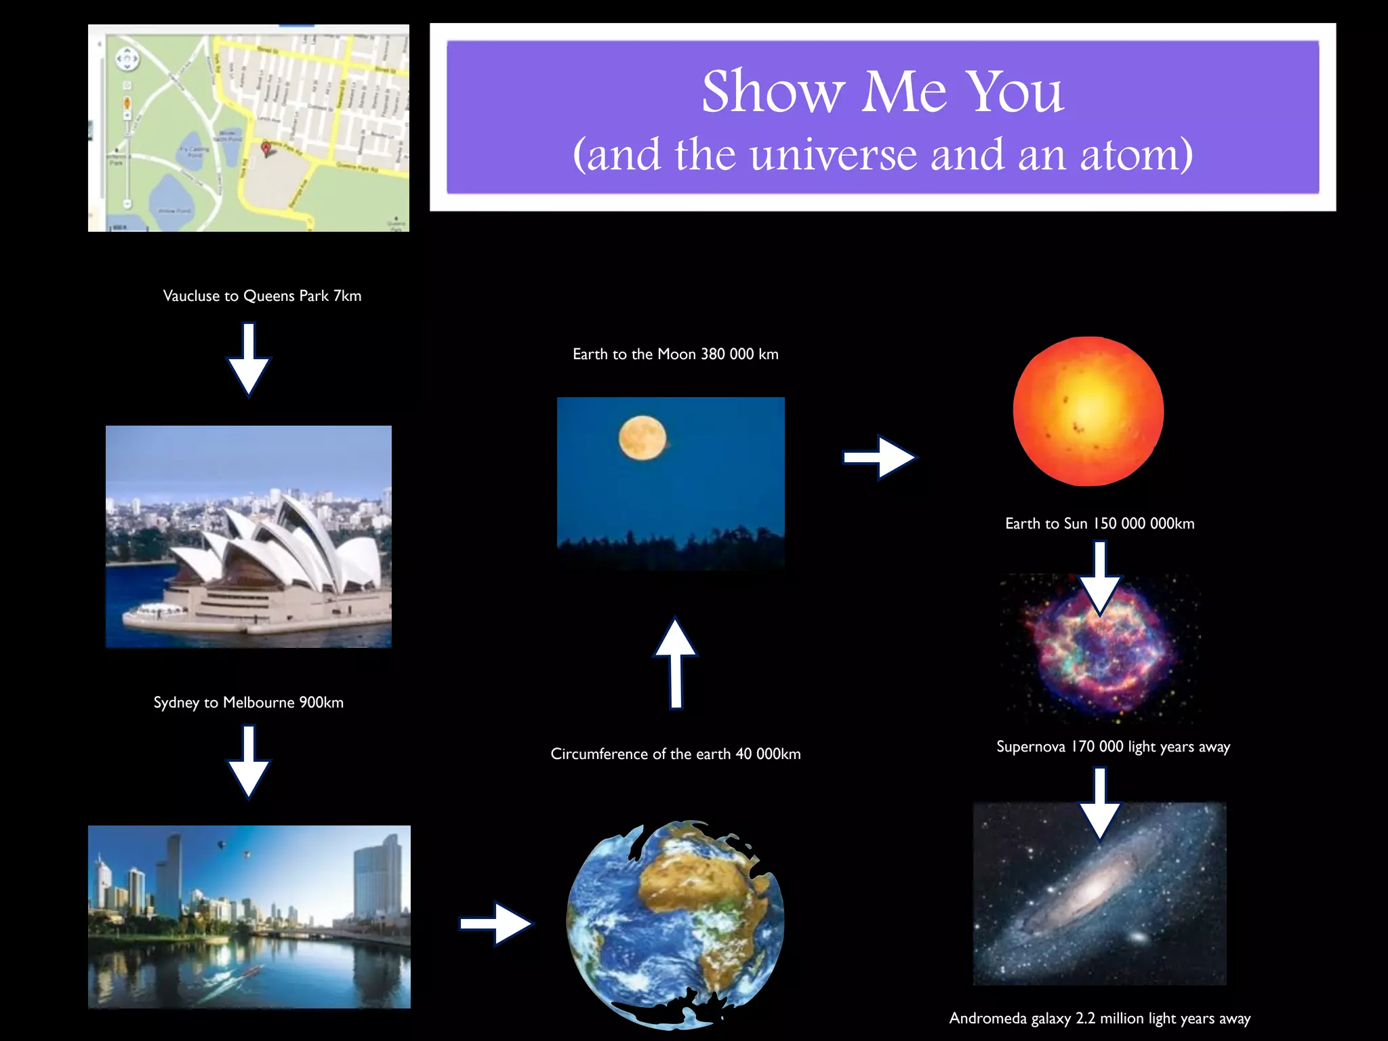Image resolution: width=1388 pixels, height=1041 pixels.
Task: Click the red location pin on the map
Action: pos(266,148)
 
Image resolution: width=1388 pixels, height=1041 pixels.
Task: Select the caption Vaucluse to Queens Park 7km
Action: pos(262,296)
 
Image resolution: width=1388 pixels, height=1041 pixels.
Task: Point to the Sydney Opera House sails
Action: pos(285,542)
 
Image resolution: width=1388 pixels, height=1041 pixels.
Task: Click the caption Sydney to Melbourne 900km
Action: pos(248,703)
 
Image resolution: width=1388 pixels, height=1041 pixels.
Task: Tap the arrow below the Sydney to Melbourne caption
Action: pos(249,762)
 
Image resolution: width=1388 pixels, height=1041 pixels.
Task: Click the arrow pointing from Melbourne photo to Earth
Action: pos(496,923)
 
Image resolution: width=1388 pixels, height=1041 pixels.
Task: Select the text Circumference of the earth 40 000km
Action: pos(676,754)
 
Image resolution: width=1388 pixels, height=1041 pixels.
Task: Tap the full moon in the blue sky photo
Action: pos(642,438)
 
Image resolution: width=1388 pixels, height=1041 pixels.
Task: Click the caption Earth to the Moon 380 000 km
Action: pos(676,354)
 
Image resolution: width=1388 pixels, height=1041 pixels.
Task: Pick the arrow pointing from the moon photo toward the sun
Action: pos(880,457)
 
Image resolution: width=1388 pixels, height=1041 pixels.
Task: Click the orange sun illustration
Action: pos(1088,411)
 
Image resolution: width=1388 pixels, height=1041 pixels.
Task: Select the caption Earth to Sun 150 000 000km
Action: pos(1099,524)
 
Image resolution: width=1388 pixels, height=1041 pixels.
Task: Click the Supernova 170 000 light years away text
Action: pos(1113,747)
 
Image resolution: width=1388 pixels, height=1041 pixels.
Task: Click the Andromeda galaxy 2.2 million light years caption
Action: pos(1099,1019)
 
